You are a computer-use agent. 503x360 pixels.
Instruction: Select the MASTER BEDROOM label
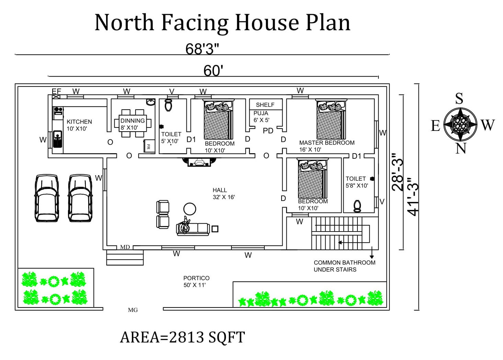[x=327, y=143]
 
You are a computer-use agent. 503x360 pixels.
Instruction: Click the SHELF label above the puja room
[x=265, y=105]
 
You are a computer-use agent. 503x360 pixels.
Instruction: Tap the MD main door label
[x=125, y=247]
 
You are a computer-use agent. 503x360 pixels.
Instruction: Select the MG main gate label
[x=133, y=310]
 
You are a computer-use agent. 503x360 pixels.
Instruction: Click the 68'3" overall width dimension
[x=202, y=49]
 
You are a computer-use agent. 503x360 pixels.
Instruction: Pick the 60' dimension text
[x=213, y=71]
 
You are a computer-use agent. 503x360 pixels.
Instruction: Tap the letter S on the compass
[x=459, y=99]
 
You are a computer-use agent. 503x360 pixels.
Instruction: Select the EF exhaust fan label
[x=56, y=91]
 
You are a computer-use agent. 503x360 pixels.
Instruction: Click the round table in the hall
[x=190, y=209]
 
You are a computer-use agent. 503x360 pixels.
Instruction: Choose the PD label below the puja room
[x=268, y=131]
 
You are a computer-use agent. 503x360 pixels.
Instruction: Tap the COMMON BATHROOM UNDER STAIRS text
[x=344, y=266]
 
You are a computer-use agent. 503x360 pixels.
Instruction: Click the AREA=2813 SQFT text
[x=182, y=337]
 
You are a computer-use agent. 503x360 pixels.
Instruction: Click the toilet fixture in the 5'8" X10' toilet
[x=357, y=206]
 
